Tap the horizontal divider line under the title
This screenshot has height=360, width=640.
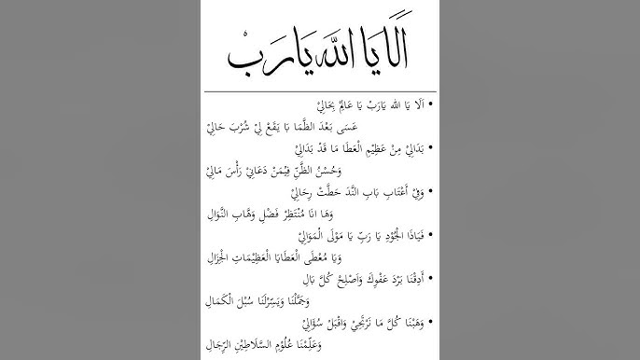[320, 90]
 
